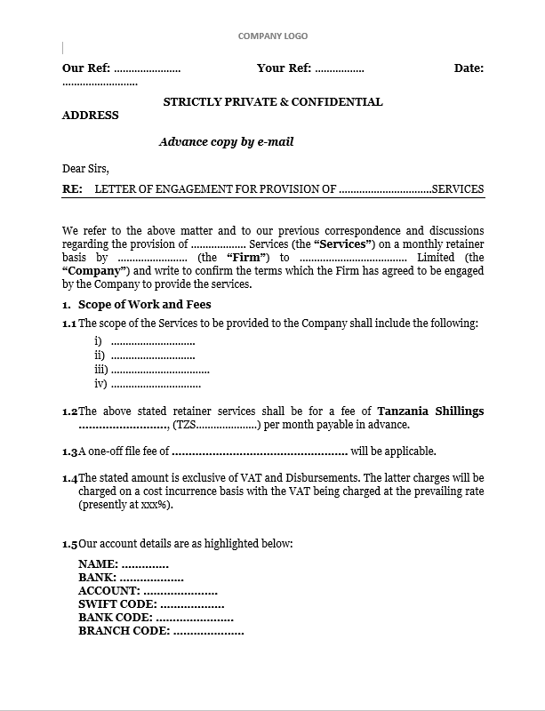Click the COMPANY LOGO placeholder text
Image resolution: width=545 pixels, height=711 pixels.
272,36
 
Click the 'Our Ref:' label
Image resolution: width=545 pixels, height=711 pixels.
85,68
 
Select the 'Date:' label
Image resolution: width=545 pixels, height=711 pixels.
469,68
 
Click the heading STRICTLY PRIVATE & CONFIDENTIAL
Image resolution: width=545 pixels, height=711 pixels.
273,102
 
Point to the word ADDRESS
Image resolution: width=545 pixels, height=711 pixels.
90,116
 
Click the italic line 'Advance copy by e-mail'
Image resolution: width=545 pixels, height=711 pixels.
226,141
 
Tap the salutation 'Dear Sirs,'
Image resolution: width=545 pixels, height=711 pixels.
85,168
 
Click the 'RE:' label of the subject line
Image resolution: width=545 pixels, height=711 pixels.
72,189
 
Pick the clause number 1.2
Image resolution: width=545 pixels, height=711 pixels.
69,412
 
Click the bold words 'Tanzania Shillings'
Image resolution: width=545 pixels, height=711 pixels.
430,411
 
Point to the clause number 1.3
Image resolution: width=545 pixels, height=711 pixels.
69,452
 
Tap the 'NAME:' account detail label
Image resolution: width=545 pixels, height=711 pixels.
98,564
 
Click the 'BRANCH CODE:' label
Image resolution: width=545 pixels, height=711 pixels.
124,631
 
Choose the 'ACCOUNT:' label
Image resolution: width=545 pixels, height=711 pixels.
108,591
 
